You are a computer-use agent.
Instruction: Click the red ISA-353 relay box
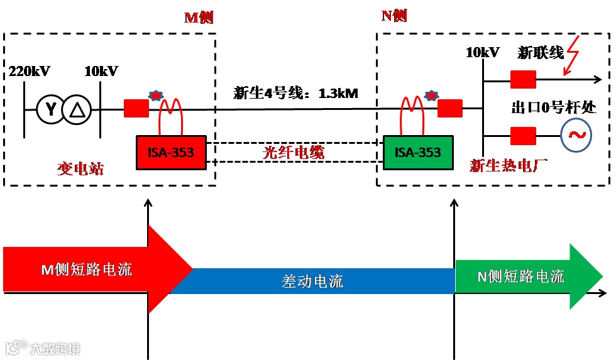click(170, 152)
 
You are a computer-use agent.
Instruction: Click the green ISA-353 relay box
click(417, 152)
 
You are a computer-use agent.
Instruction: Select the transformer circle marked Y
click(50, 110)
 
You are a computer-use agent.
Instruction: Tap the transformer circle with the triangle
click(77, 110)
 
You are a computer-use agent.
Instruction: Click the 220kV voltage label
click(30, 71)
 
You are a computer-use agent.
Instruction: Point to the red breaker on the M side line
click(136, 109)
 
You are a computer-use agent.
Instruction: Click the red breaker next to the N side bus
click(450, 109)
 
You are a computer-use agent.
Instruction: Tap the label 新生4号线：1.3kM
click(295, 94)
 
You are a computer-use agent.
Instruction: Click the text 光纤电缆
click(294, 152)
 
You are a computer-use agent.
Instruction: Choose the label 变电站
click(80, 169)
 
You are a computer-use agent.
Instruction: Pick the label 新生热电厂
click(509, 166)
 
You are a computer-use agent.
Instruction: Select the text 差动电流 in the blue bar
click(312, 281)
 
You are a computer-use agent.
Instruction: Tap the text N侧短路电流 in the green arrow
click(520, 276)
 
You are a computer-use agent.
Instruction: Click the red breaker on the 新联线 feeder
click(523, 79)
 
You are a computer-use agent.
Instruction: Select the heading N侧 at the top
click(394, 16)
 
